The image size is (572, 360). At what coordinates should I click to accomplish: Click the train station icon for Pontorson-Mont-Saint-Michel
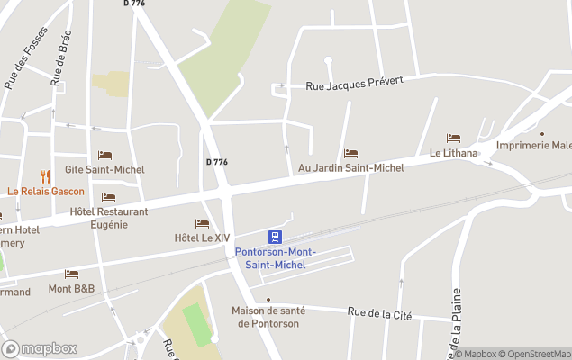(x=276, y=238)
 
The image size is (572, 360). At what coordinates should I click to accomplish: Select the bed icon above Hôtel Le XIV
(x=202, y=224)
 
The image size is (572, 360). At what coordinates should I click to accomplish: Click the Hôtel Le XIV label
(x=202, y=238)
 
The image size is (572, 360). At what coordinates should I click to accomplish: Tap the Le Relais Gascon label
(x=46, y=191)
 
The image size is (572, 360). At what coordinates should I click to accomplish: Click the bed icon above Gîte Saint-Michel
(x=104, y=156)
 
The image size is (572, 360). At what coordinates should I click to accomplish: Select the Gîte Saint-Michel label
(x=105, y=169)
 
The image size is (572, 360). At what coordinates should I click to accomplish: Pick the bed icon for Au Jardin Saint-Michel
(x=350, y=154)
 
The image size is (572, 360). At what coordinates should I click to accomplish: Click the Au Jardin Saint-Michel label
(x=351, y=168)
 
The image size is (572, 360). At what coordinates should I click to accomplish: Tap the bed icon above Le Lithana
(x=453, y=139)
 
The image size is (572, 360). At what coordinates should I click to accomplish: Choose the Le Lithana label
(x=453, y=153)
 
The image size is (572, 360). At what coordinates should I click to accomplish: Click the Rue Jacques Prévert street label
(x=353, y=83)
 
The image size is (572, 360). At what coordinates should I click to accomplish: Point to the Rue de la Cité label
(x=379, y=312)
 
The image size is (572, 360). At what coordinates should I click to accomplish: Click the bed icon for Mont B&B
(x=71, y=274)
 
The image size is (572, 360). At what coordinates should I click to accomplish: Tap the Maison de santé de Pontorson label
(x=268, y=317)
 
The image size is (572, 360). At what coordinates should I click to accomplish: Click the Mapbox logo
(x=40, y=348)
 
